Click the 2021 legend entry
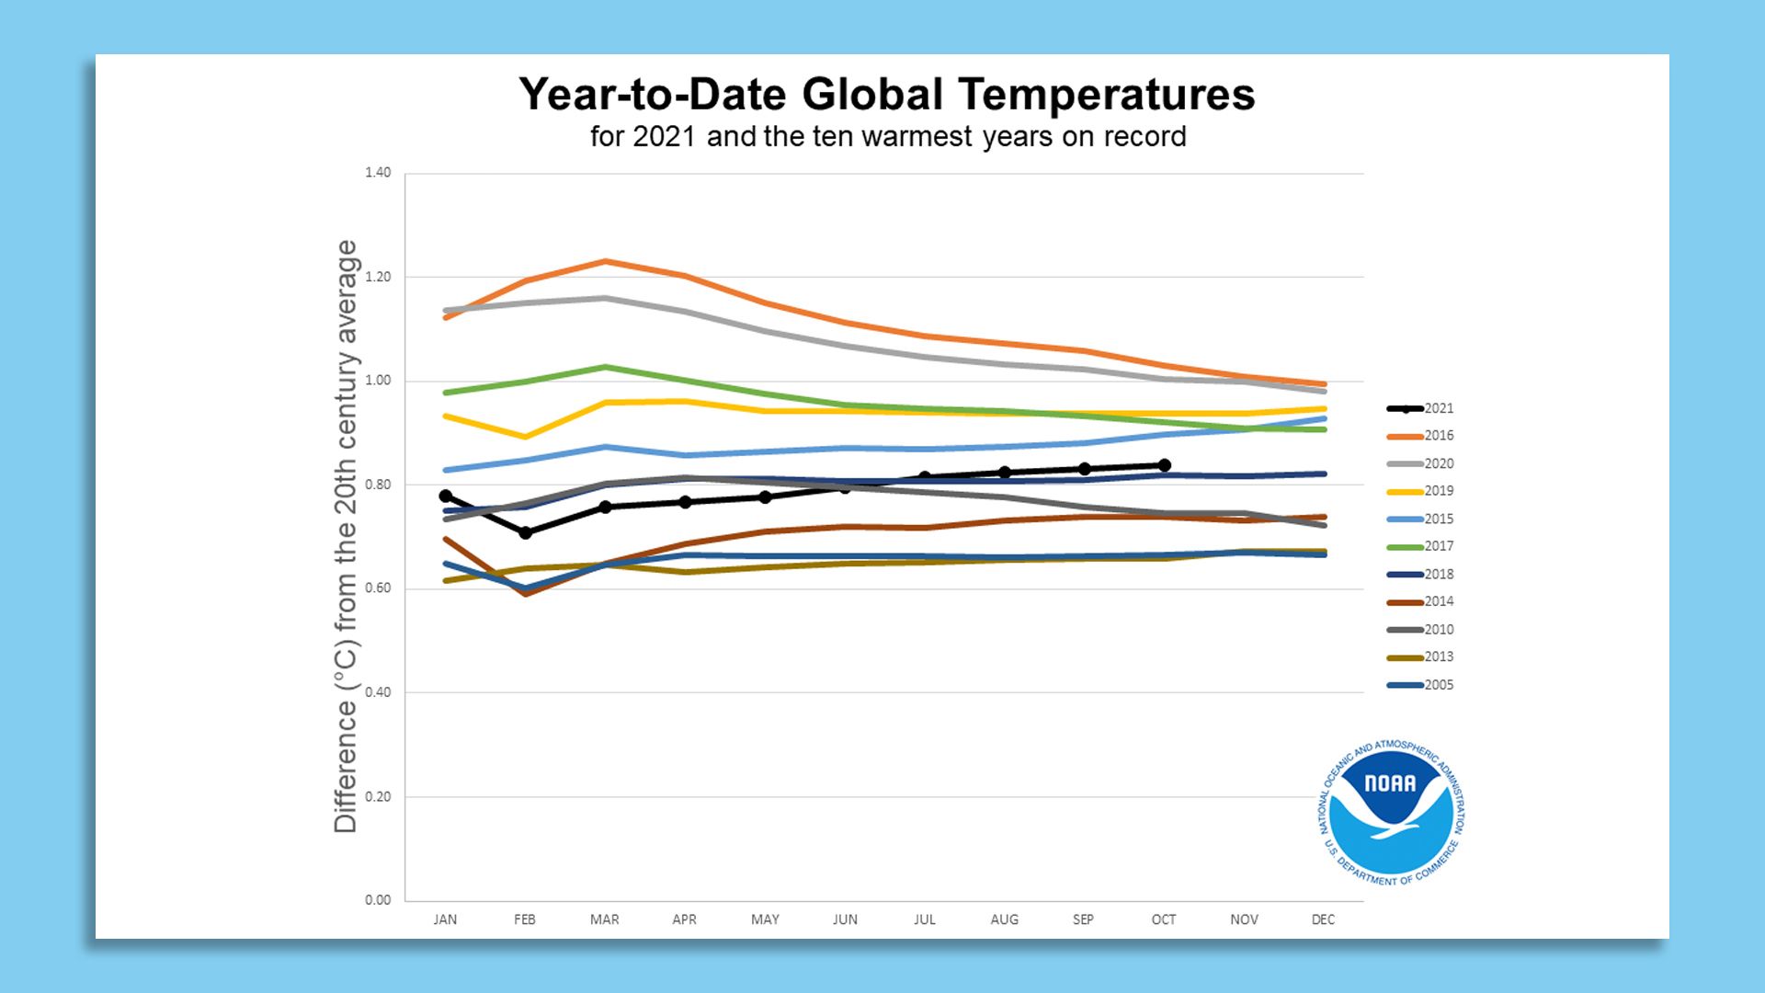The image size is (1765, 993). pyautogui.click(x=1421, y=408)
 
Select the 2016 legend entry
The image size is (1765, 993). pyautogui.click(x=1421, y=436)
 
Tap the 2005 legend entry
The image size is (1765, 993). pyautogui.click(x=1421, y=685)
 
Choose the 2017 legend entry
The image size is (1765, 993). pyautogui.click(x=1421, y=546)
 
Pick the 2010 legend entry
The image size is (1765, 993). pyautogui.click(x=1421, y=630)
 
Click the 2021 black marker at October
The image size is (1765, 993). pyautogui.click(x=1165, y=465)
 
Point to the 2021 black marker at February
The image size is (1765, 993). pyautogui.click(x=525, y=533)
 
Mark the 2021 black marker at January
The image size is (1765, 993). pyautogui.click(x=446, y=496)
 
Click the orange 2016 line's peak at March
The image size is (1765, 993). pyautogui.click(x=605, y=261)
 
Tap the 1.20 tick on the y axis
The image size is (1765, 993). pyautogui.click(x=378, y=277)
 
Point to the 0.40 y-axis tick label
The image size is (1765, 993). pyautogui.click(x=378, y=692)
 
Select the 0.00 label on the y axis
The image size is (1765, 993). pyautogui.click(x=378, y=900)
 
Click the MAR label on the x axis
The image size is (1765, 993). pyautogui.click(x=605, y=919)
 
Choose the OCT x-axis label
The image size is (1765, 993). pyautogui.click(x=1164, y=919)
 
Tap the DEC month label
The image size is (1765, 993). pyautogui.click(x=1323, y=919)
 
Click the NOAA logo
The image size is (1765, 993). pyautogui.click(x=1392, y=813)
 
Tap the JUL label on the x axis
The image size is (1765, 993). pyautogui.click(x=925, y=919)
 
